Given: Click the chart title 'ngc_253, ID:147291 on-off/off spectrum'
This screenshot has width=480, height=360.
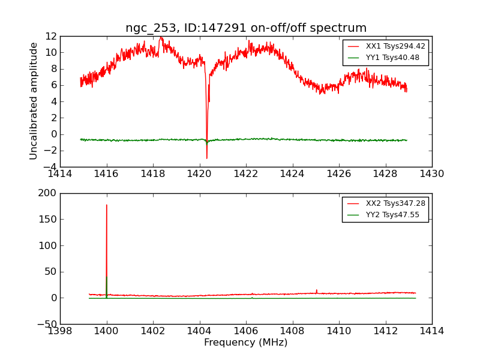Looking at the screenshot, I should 246,28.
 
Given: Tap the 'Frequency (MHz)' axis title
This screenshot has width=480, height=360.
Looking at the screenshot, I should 246,343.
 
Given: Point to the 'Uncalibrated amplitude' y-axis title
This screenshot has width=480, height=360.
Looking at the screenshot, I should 34,101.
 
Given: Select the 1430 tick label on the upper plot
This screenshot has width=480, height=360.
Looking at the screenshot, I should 432,174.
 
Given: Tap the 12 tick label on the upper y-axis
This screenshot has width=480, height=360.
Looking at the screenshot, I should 51,36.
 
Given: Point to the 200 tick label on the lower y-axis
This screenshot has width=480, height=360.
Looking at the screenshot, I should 48,193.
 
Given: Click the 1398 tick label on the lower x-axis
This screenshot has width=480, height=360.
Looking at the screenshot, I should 60,331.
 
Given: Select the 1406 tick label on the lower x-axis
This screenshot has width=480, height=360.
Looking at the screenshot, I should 246,331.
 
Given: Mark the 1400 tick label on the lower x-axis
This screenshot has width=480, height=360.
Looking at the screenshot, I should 107,331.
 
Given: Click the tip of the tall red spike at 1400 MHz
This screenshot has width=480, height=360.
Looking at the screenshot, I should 107,205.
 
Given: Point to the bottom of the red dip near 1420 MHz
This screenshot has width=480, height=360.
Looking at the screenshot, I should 207,158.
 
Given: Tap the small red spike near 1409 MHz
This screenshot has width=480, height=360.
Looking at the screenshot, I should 316,290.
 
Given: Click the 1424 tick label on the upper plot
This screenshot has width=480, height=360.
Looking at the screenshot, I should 293,174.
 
